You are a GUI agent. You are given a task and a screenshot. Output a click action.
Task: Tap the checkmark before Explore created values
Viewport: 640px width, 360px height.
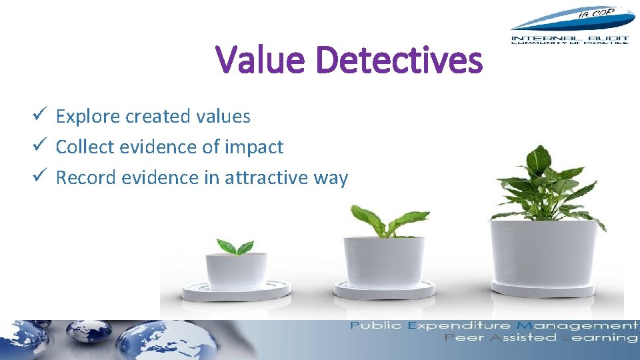[x=39, y=116]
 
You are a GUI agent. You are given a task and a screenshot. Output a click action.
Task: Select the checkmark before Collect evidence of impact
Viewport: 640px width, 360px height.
[x=39, y=147]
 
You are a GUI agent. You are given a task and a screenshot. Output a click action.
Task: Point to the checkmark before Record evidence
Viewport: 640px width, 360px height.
[x=39, y=177]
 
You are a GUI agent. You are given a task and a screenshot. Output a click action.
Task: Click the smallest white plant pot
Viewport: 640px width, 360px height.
[x=236, y=270]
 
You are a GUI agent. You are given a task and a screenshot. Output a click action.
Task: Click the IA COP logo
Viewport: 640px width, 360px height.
[x=570, y=27]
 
